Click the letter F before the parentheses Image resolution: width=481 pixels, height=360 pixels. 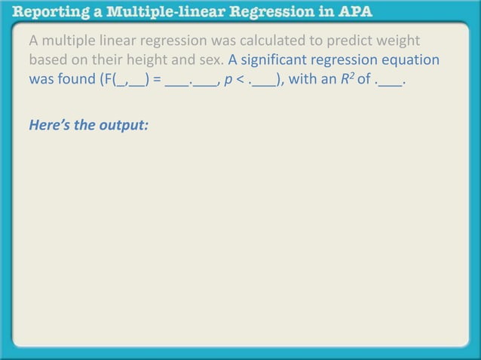[x=104, y=79]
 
